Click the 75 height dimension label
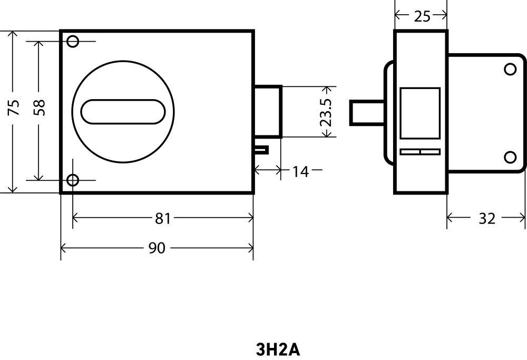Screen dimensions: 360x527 (14, 107)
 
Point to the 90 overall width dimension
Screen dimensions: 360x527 (157, 248)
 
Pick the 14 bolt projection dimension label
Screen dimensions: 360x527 (300, 171)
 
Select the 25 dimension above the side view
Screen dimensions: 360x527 (422, 16)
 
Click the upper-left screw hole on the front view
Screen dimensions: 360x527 (73, 41)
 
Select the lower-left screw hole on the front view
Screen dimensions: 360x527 (73, 180)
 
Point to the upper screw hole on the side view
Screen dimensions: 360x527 (510, 69)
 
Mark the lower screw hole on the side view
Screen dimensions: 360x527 (510, 157)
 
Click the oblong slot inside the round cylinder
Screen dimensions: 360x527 (123, 111)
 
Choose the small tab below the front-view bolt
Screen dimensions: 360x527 (261, 150)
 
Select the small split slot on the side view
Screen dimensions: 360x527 (420, 152)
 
